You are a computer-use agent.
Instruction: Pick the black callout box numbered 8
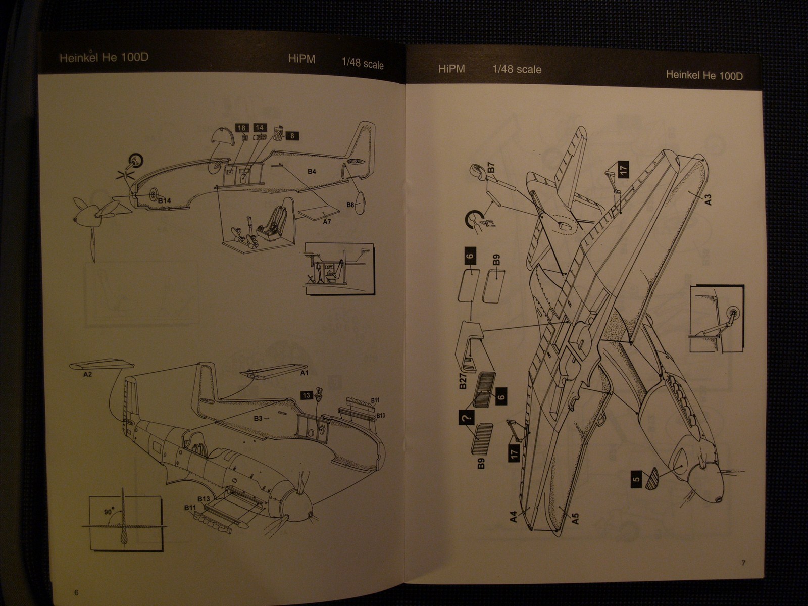tap(292, 135)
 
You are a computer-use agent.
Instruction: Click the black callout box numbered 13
tap(306, 395)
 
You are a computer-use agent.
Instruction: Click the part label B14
tap(164, 201)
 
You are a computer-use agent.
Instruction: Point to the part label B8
tap(350, 205)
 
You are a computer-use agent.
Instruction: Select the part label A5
tap(575, 517)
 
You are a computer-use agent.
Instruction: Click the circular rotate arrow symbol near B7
tap(473, 220)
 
